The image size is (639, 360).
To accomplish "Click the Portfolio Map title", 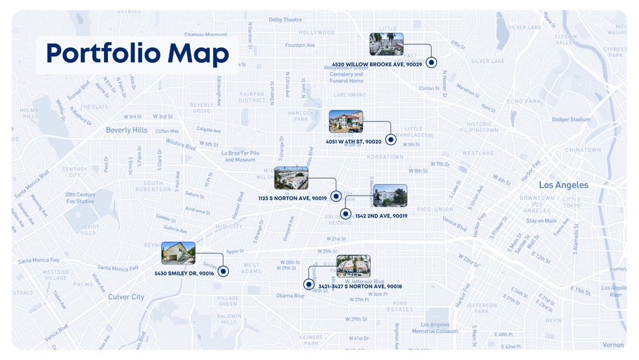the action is click(137, 54).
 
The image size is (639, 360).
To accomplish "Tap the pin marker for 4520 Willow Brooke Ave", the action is click(431, 62).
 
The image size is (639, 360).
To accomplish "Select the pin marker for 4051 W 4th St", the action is click(390, 139).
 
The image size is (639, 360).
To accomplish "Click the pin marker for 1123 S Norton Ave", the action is click(336, 196).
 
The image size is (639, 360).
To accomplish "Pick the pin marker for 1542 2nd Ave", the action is click(345, 213).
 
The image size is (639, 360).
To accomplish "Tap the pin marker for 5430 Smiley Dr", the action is click(223, 271).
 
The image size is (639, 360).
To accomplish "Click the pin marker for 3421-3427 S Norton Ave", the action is click(308, 284).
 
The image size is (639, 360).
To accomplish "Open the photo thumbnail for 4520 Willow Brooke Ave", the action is click(386, 44).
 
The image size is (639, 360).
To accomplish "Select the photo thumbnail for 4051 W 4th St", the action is click(345, 122).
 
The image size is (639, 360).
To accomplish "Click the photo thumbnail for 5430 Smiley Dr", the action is click(178, 253).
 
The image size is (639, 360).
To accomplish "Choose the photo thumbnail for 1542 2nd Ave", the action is click(390, 196).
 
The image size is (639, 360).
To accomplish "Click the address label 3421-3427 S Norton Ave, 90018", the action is click(360, 286).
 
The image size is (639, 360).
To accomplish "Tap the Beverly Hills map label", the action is click(127, 130).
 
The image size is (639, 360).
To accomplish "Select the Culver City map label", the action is click(126, 297).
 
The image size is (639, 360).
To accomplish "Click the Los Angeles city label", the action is click(563, 185).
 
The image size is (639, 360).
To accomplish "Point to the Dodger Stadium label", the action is click(571, 120).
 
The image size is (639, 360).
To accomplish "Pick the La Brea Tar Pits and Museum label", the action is click(240, 156).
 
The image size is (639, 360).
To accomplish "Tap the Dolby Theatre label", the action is click(285, 20).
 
